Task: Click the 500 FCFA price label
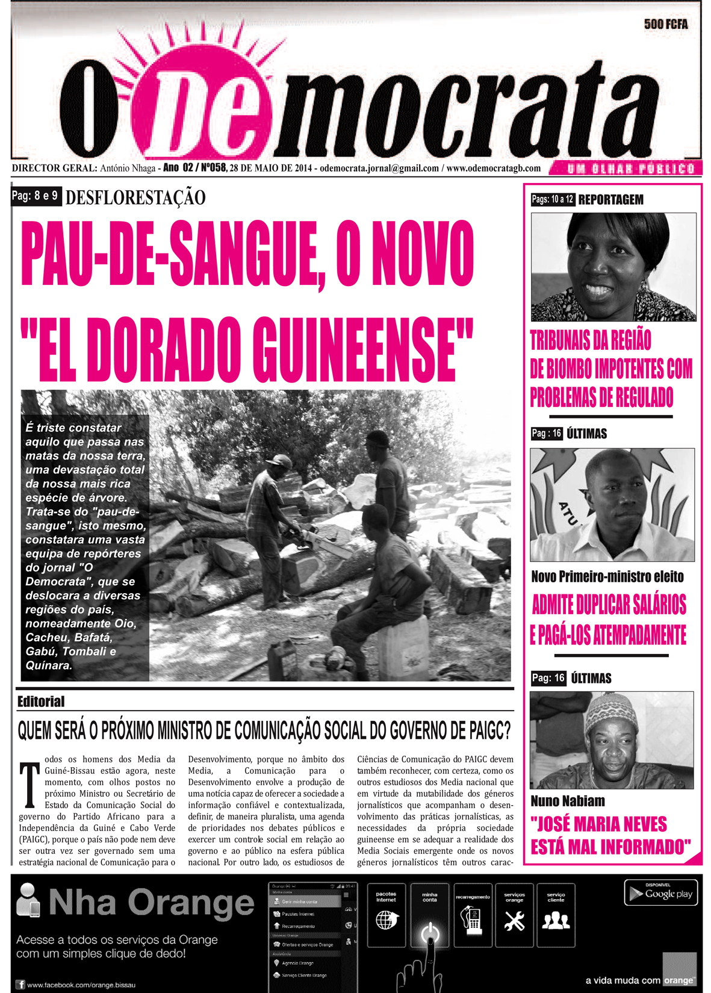665,24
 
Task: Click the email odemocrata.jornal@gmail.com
379,169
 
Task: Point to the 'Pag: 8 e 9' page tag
36,196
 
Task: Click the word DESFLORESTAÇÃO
135,198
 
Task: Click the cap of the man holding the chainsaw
279,461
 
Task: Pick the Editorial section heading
41,702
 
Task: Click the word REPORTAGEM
610,200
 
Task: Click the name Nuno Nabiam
568,801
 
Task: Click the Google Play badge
661,893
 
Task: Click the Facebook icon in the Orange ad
21,985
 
